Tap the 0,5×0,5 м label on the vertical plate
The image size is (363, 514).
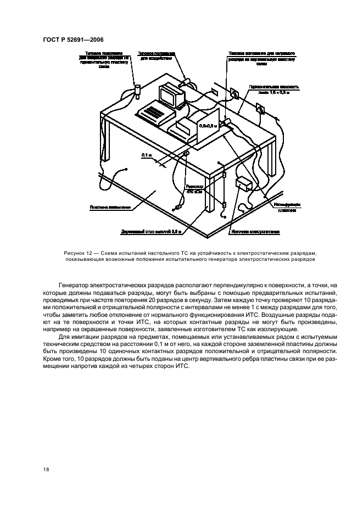[208, 126]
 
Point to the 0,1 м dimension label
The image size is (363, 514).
[146, 155]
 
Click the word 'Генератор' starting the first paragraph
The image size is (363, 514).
[75, 286]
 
